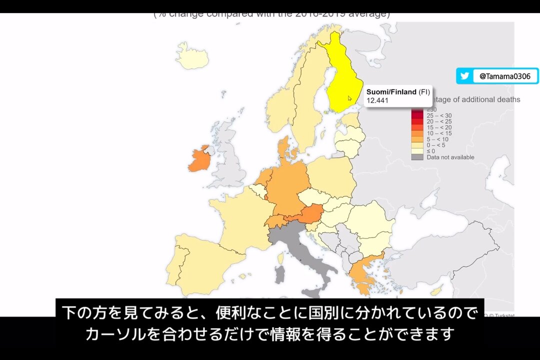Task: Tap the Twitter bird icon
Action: (464, 76)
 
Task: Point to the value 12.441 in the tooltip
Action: (377, 100)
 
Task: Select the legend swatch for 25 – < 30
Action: (417, 115)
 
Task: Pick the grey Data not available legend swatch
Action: (417, 157)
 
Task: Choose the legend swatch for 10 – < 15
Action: (417, 133)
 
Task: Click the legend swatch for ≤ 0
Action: (417, 151)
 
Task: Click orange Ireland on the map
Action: (198, 159)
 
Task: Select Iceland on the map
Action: (192, 56)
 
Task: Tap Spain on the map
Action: (200, 260)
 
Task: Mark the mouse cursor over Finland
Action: (350, 98)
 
